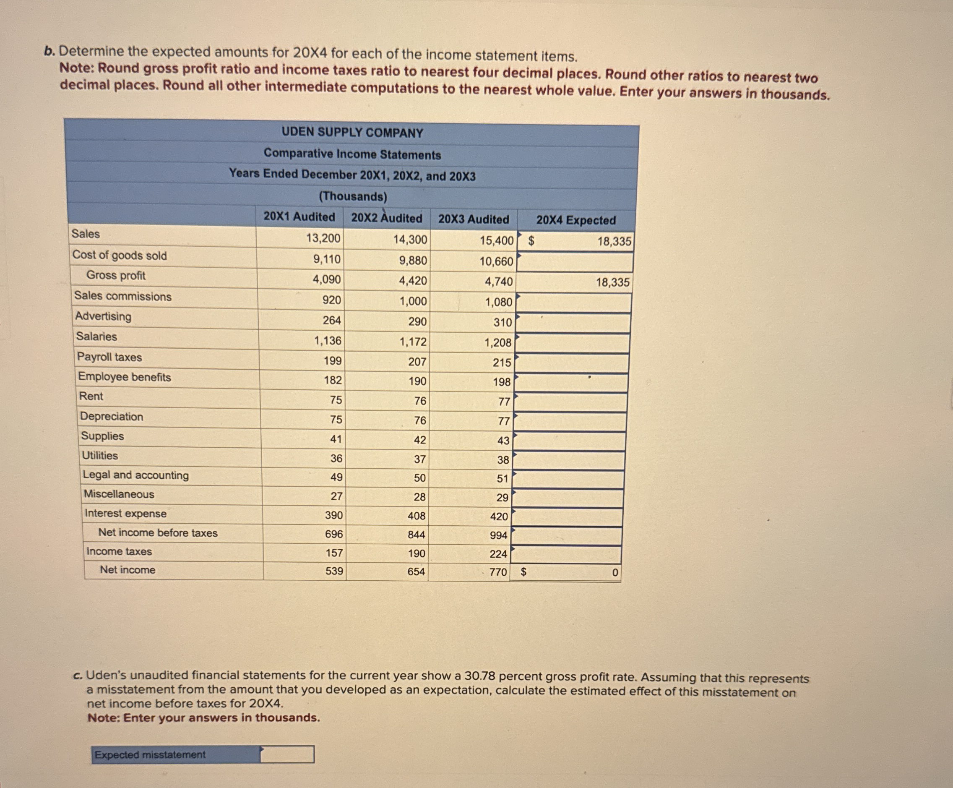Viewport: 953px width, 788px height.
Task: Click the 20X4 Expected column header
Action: tap(575, 220)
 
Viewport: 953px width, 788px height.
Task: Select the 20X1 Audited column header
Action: tap(299, 217)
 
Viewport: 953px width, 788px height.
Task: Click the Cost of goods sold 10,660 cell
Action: tap(496, 261)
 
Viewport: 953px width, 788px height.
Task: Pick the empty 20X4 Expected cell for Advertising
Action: tap(573, 323)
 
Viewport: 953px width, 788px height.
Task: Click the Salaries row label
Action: tap(96, 337)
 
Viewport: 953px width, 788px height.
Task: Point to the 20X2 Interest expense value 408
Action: tap(416, 516)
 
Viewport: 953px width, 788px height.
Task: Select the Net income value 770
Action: tap(498, 572)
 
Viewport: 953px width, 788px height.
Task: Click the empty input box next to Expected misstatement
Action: tap(287, 754)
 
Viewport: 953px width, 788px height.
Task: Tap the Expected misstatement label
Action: tap(150, 754)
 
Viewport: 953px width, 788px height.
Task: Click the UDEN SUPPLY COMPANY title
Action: tap(352, 133)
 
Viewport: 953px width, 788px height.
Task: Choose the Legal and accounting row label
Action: tap(135, 475)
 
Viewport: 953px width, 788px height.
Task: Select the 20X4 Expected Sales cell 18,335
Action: tap(614, 242)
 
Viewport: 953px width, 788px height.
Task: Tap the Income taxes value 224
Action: tap(498, 554)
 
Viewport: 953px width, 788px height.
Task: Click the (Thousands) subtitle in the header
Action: tap(353, 196)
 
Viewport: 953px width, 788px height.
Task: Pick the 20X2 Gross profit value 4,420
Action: tap(412, 281)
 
